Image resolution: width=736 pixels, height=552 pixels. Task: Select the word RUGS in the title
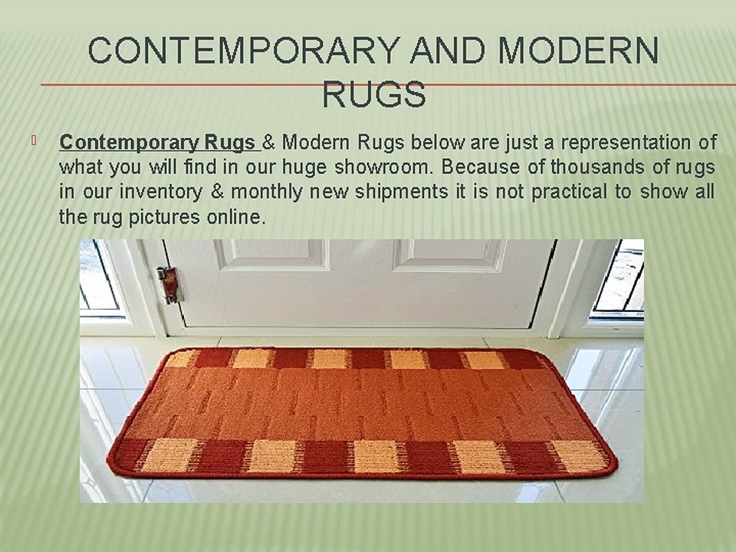[x=374, y=96]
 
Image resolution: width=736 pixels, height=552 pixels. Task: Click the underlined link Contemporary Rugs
[x=158, y=143]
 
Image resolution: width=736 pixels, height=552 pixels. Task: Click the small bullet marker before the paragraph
[x=34, y=140]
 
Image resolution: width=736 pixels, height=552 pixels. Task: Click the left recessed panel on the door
[x=271, y=254]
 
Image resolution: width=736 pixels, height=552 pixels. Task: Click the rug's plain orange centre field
[x=360, y=402]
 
